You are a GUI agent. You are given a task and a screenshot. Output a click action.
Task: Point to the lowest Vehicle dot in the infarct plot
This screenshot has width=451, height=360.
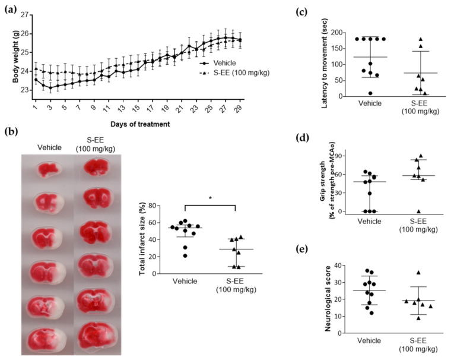[x=185, y=255]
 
